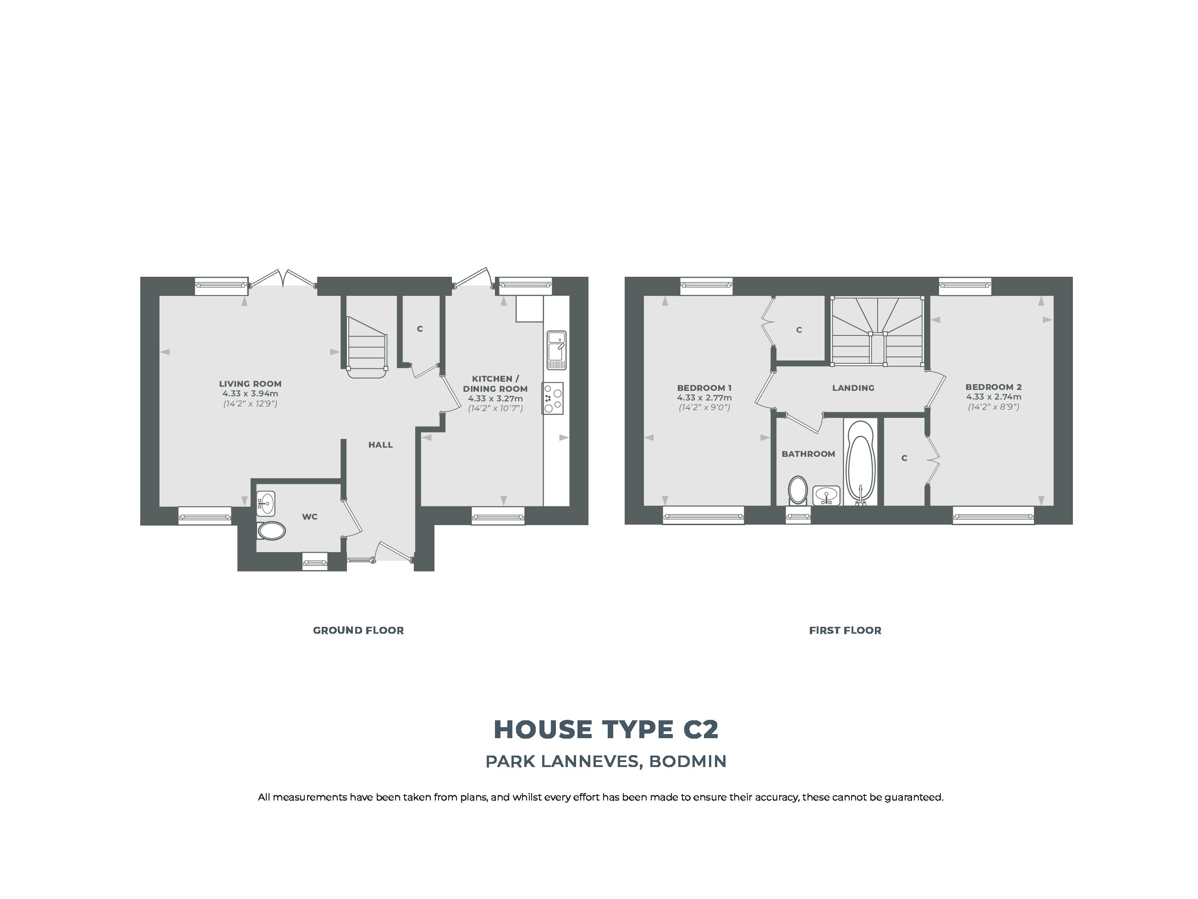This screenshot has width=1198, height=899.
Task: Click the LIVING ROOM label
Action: (250, 384)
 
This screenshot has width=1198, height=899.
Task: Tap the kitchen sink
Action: (556, 350)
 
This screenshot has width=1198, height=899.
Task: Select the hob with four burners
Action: (552, 399)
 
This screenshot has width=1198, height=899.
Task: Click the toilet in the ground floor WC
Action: (271, 531)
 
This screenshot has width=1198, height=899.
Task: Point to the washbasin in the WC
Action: (265, 504)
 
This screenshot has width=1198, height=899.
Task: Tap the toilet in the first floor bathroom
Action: (797, 491)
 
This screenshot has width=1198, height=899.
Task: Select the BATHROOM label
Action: (808, 454)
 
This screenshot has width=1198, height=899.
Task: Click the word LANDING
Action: (853, 388)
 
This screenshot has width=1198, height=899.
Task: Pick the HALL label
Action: (381, 444)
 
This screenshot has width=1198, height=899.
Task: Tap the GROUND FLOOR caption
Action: (358, 630)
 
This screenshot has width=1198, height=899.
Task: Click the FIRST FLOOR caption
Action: (845, 630)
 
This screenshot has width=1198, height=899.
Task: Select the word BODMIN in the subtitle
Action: (688, 762)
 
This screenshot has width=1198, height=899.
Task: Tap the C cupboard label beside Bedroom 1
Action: (799, 330)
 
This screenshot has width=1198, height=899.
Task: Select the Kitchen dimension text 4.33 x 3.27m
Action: (495, 399)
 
